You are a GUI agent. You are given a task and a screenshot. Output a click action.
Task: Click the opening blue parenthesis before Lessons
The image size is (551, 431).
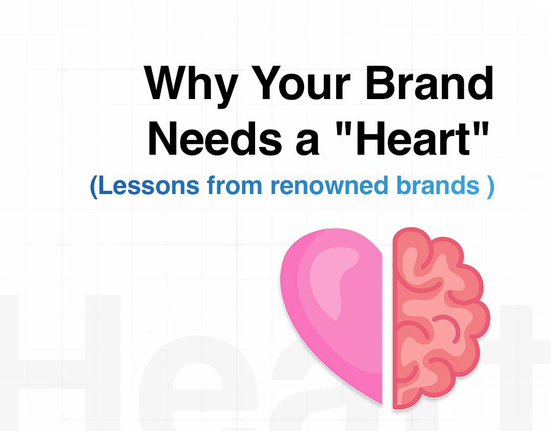click(94, 187)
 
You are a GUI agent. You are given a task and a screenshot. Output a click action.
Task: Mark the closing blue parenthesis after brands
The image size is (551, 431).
click(491, 187)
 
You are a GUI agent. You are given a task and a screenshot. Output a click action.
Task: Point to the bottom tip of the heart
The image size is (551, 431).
click(382, 404)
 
